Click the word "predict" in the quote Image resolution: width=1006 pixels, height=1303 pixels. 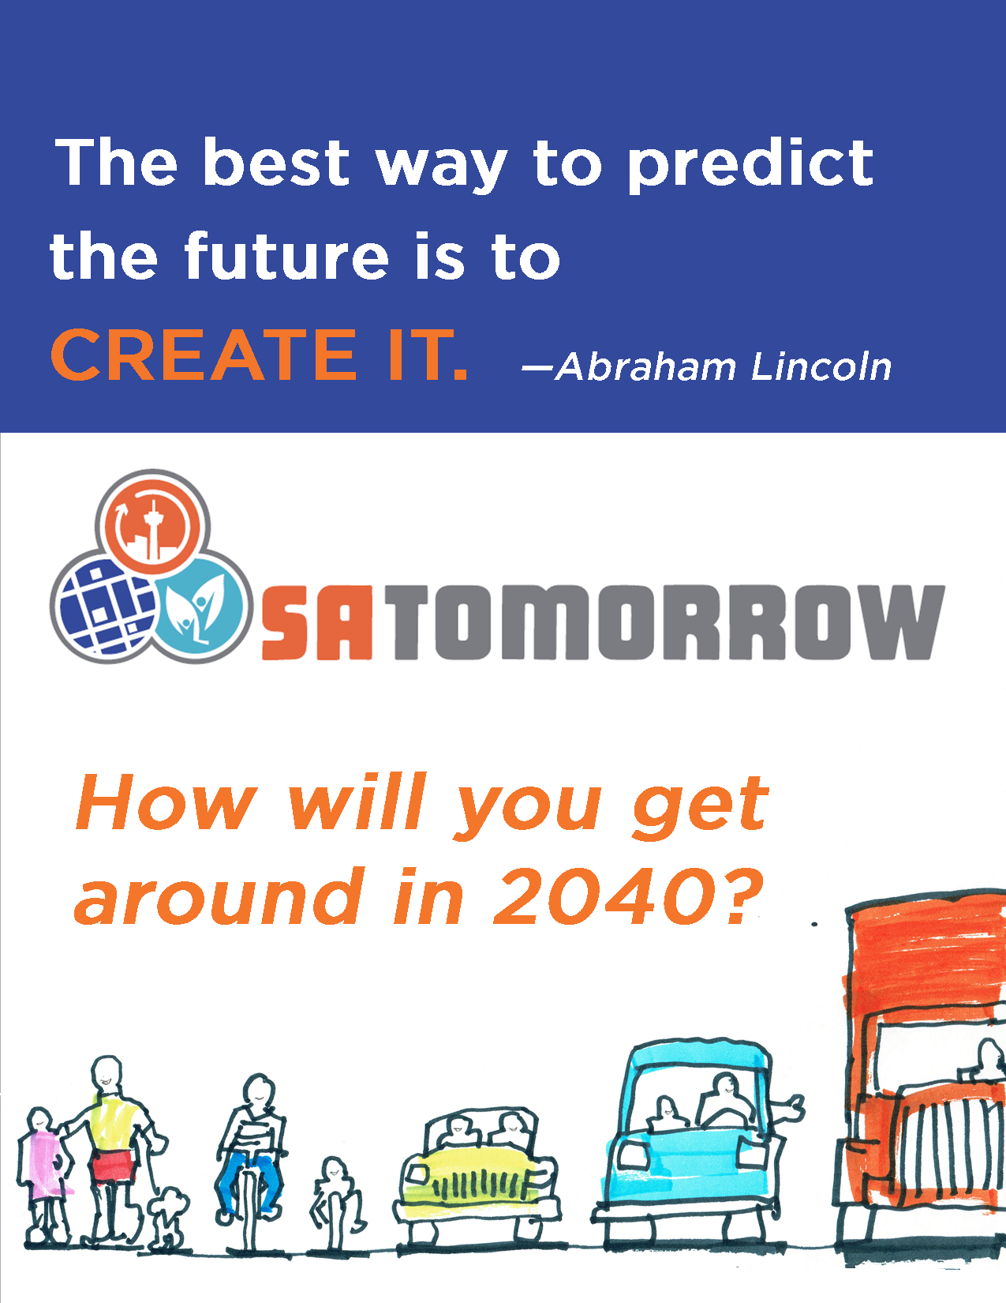click(750, 164)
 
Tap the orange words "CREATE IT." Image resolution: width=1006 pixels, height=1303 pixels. click(260, 355)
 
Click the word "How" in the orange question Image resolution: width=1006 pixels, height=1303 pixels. click(166, 802)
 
